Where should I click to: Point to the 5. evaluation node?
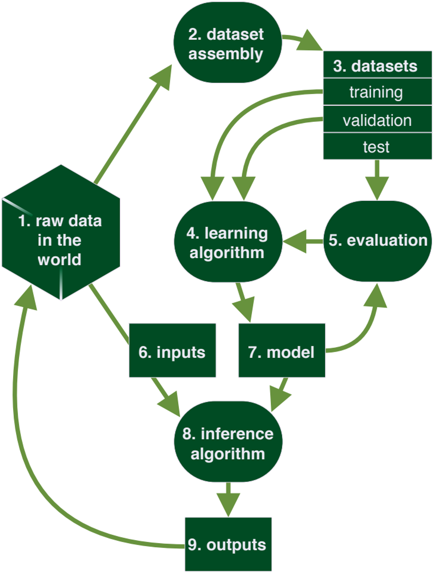click(x=377, y=241)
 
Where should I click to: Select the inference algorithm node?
click(x=228, y=442)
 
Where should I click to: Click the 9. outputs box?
click(x=228, y=544)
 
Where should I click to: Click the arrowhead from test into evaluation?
click(x=377, y=188)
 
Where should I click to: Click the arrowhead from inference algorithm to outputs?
click(x=228, y=504)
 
